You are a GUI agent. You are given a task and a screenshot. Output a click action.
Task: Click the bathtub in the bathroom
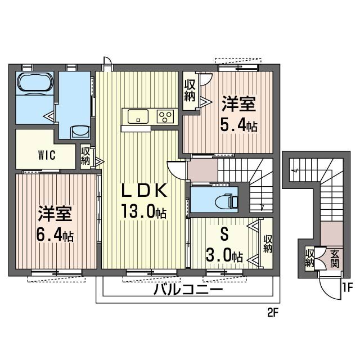coord(35,83)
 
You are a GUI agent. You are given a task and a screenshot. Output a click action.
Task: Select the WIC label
coord(47,156)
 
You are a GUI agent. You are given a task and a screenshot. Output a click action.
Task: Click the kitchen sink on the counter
coord(137,116)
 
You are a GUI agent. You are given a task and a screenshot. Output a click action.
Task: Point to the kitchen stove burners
coord(166,117)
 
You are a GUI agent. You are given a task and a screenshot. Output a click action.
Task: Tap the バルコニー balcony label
coord(188,291)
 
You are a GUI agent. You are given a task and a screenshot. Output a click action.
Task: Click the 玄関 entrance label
coord(335,258)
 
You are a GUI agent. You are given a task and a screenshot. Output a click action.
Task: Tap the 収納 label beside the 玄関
coord(310,258)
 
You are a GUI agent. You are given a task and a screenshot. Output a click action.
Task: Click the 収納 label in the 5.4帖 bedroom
coord(190,91)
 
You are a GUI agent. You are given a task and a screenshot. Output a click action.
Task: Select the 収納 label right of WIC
coord(85,156)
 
